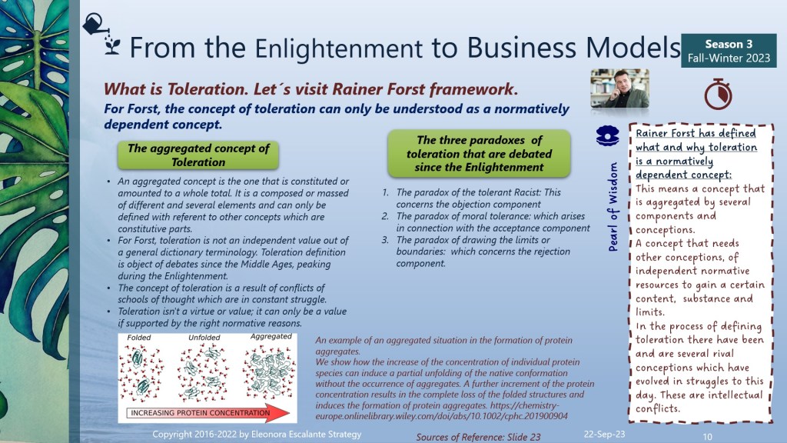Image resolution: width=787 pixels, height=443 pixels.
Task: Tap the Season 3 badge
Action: pos(729,51)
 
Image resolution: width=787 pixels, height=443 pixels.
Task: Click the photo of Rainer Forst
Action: pos(620,88)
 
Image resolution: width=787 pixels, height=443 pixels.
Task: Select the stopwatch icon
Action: pos(718,94)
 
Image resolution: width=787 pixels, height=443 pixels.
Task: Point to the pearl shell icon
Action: pos(607,135)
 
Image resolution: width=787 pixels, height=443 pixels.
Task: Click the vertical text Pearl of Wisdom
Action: pos(613,206)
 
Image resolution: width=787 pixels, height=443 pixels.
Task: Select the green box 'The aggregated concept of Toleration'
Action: pos(198,155)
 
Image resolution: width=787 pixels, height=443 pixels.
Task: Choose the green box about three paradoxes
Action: pos(479,153)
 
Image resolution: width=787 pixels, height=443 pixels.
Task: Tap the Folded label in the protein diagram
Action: pos(139,338)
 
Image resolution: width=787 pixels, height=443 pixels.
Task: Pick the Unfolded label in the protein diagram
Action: pos(204,338)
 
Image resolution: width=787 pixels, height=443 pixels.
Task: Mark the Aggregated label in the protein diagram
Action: pos(271,337)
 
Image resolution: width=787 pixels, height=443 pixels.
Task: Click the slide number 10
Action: pos(707,437)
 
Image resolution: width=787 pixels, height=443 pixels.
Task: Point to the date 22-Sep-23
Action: pos(604,434)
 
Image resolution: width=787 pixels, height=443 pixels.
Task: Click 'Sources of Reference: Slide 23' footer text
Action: pos(478,437)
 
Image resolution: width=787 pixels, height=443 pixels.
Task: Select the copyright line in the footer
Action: pos(257,434)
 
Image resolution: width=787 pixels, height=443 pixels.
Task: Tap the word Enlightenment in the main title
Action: pos(339,48)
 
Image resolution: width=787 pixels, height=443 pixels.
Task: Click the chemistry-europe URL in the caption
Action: pos(442,411)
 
